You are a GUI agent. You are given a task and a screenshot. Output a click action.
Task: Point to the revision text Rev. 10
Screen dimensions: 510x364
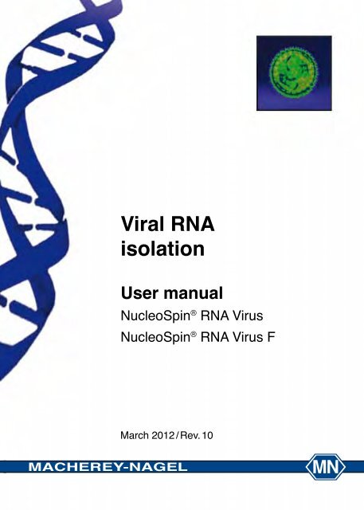click(205, 435)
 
